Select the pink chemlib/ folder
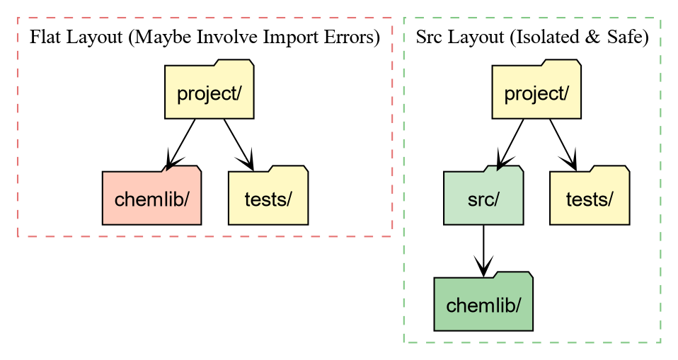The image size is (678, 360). point(151,199)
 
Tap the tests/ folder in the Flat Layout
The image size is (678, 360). point(268,199)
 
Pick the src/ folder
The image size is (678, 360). point(483,199)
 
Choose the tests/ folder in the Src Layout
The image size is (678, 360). point(590,199)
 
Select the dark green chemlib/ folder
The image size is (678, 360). point(483,305)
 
